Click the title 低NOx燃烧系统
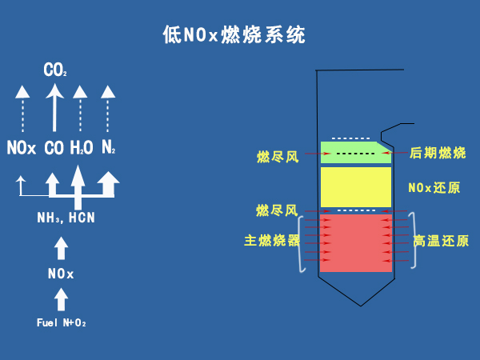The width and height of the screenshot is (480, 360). (x=234, y=35)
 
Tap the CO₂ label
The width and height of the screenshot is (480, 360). (x=55, y=71)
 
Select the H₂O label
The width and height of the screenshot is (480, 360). (x=82, y=148)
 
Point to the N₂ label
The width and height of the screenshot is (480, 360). (x=109, y=148)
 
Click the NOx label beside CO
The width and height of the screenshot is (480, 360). (x=22, y=148)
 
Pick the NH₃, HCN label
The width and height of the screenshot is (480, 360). (x=66, y=218)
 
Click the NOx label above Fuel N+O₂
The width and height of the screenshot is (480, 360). (x=61, y=274)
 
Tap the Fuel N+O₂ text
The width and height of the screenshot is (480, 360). (x=61, y=323)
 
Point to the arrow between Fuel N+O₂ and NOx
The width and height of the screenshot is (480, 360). (x=61, y=299)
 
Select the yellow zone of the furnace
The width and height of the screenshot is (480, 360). (x=355, y=186)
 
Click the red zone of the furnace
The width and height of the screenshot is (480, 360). (x=355, y=242)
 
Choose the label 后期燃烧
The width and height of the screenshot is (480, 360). (x=437, y=153)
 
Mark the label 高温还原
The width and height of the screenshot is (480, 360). (x=441, y=241)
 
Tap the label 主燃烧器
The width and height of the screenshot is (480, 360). (x=272, y=241)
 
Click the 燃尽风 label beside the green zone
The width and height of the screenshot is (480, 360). (x=278, y=156)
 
